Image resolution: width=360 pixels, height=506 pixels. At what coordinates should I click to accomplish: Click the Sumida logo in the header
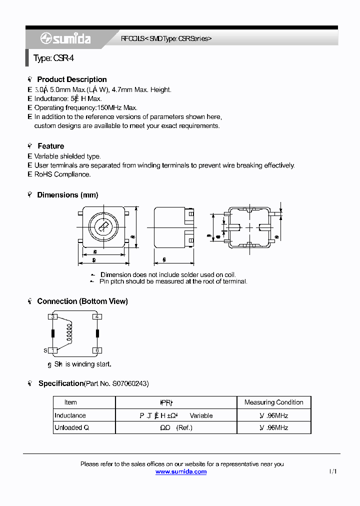tap(65, 38)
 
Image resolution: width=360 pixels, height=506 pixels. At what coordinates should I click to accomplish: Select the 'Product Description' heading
tap(72, 79)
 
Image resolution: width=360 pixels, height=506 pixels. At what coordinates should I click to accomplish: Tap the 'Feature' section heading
tap(51, 146)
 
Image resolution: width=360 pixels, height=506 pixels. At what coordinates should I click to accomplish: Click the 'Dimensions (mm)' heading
tap(67, 195)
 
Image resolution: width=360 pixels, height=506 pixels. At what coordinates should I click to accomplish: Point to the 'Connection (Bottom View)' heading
tap(82, 301)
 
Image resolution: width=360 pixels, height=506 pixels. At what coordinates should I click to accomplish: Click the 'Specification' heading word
tap(60, 383)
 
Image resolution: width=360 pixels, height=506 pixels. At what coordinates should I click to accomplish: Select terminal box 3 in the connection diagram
tap(53, 316)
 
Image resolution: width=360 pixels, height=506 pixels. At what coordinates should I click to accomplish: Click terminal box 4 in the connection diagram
tap(97, 316)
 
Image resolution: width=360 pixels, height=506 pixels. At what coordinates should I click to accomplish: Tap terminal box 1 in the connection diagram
tap(53, 350)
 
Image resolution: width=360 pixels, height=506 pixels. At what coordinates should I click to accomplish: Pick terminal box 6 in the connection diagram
tap(97, 350)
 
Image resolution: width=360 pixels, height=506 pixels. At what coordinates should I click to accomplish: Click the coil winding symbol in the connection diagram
tap(69, 332)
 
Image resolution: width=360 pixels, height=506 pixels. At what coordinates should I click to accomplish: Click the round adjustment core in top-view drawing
tap(104, 227)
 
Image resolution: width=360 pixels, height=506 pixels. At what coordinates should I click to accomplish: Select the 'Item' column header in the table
tap(70, 402)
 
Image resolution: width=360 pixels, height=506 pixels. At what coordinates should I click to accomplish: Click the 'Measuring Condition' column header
tap(273, 402)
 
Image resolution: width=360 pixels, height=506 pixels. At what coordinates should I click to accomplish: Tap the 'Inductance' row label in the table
tap(70, 415)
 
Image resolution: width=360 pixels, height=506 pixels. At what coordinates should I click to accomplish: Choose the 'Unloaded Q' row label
tap(71, 427)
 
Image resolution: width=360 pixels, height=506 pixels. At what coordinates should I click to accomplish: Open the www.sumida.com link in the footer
tap(181, 471)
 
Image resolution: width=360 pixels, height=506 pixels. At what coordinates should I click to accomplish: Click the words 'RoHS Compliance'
tap(62, 174)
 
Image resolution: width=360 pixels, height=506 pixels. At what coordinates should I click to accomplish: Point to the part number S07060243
tap(126, 383)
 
